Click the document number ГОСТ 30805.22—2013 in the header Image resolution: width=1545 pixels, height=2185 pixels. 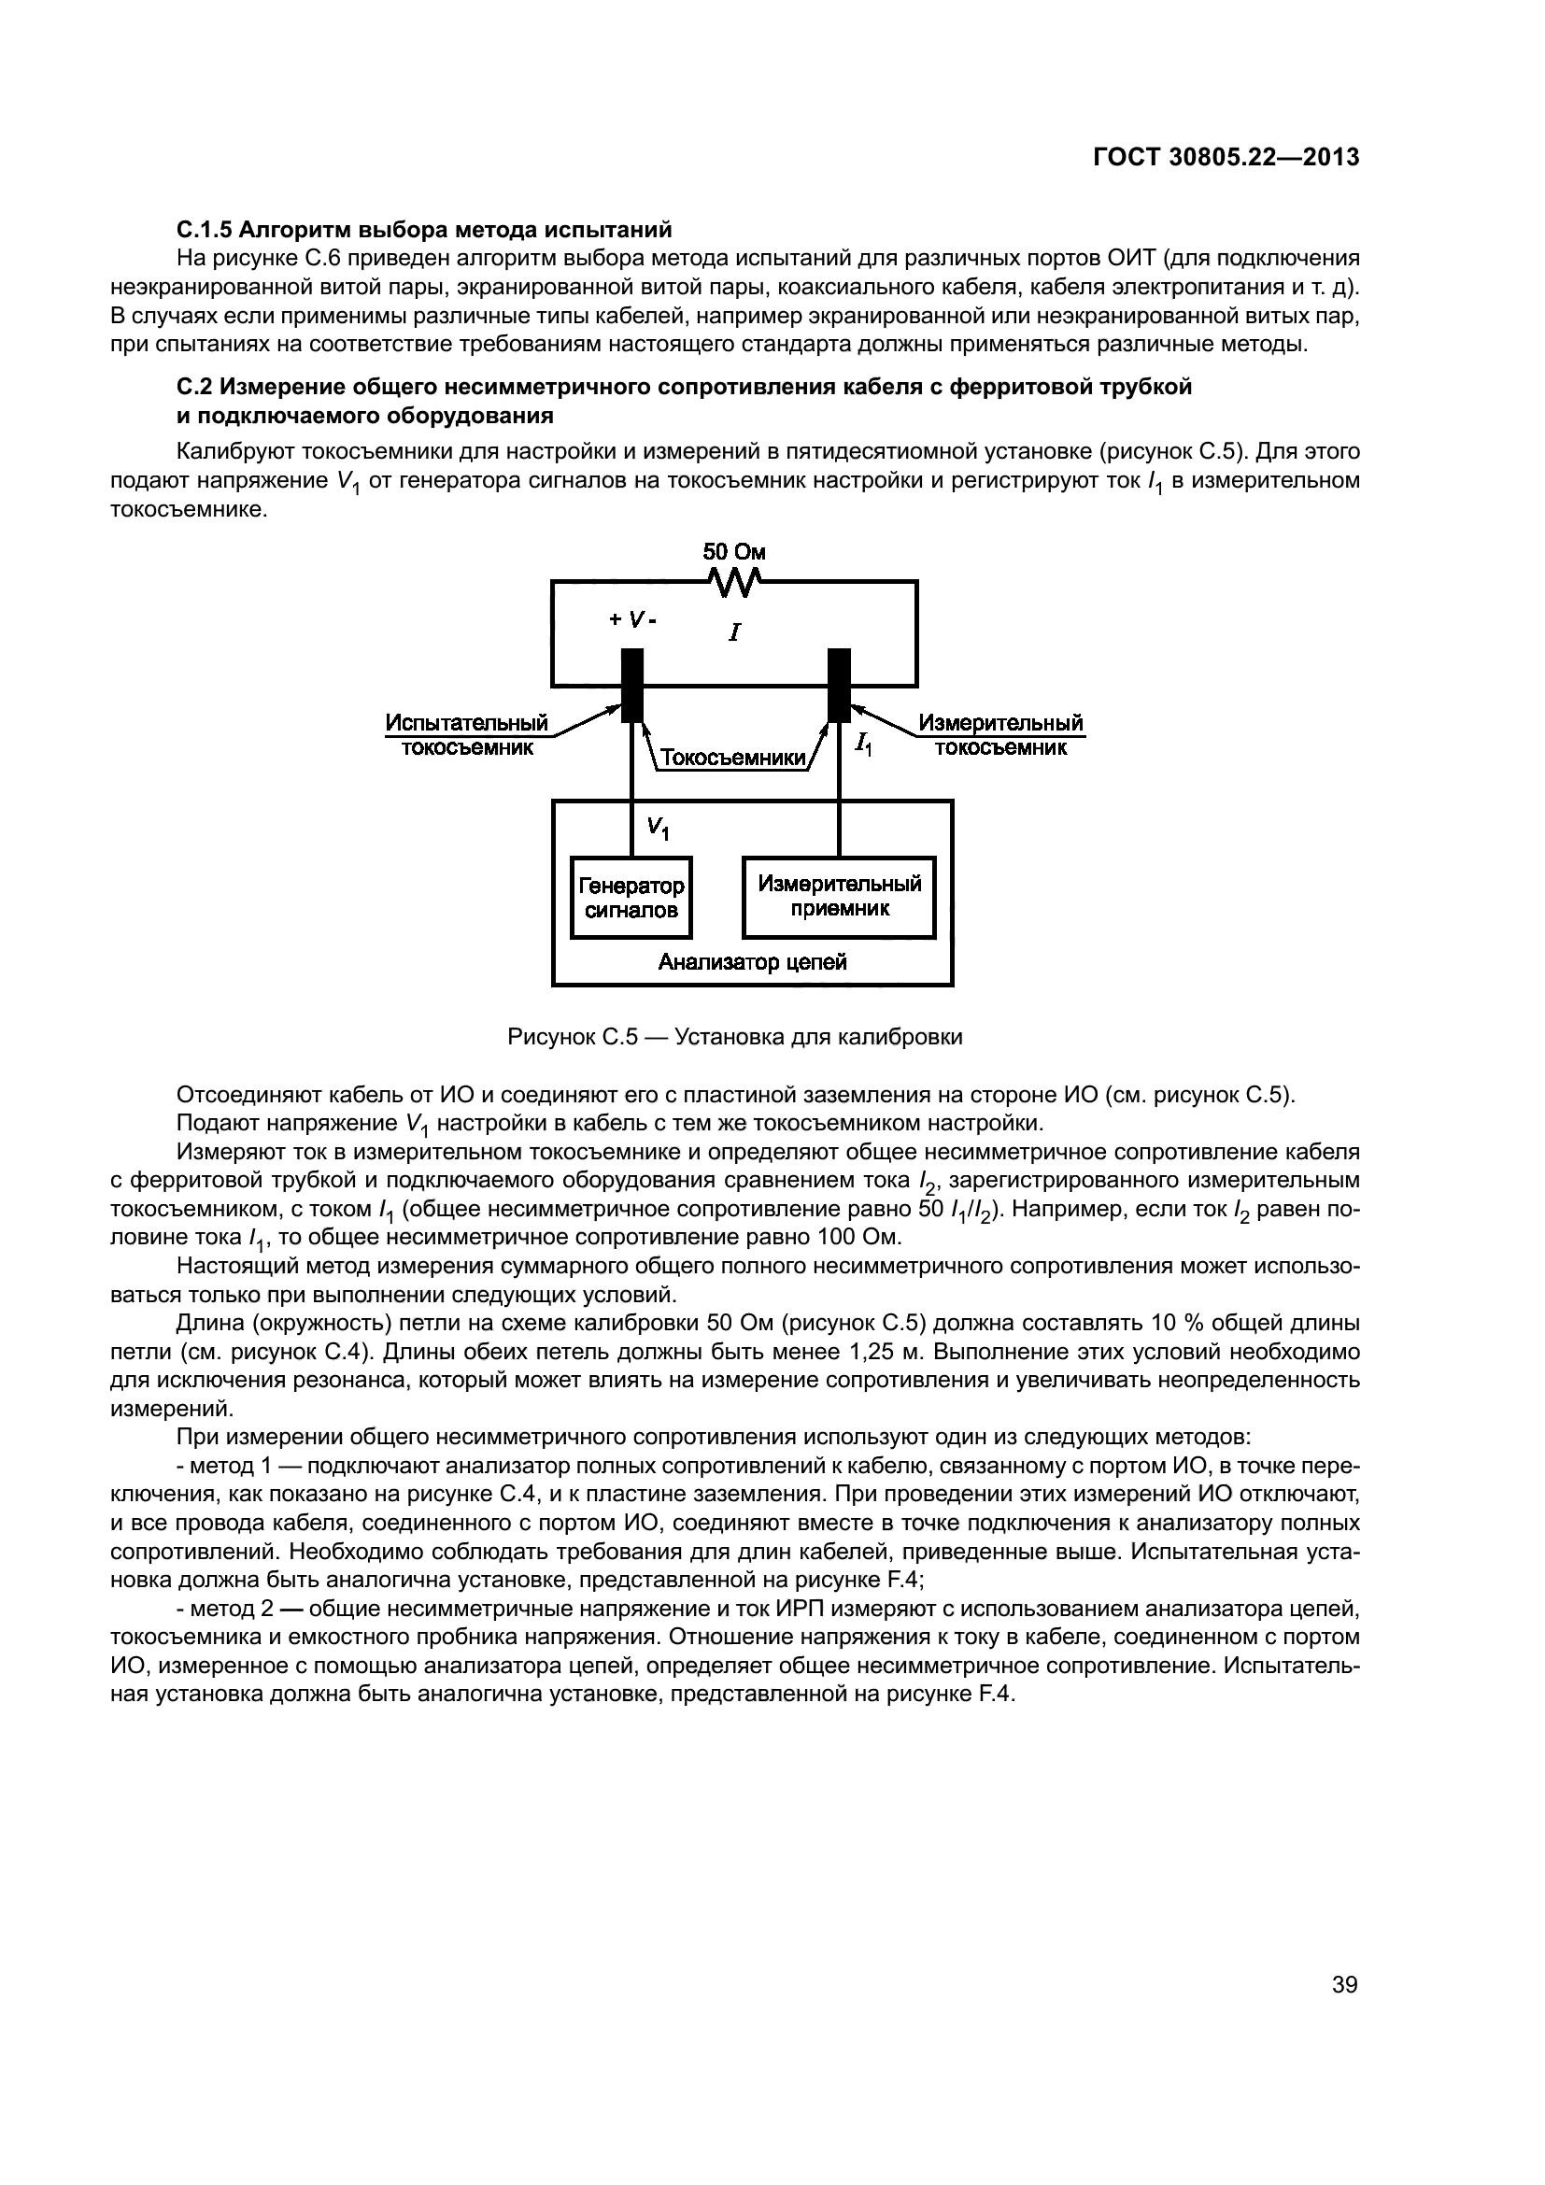[x=1226, y=158]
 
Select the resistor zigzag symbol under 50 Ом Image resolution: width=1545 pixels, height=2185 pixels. [x=733, y=582]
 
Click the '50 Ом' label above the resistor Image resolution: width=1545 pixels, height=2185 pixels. [x=733, y=552]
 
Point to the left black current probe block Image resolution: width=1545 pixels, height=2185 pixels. [x=632, y=685]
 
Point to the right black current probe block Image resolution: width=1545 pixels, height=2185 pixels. [x=839, y=685]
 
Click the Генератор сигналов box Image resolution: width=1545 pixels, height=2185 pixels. [x=631, y=898]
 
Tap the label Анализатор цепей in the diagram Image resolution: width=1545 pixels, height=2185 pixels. [x=753, y=962]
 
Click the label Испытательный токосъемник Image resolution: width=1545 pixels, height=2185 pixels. [x=466, y=734]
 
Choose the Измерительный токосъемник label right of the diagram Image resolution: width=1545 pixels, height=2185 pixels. [x=1000, y=734]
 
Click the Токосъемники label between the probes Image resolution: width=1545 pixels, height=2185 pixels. [x=731, y=758]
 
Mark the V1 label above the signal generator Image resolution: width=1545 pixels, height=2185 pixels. [x=658, y=828]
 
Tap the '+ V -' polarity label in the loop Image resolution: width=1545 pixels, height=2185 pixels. [x=632, y=619]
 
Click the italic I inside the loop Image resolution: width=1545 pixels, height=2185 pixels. [x=733, y=631]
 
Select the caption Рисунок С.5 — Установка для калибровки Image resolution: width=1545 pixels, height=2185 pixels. [x=734, y=1036]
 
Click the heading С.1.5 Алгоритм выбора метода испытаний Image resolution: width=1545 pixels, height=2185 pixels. [x=424, y=230]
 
